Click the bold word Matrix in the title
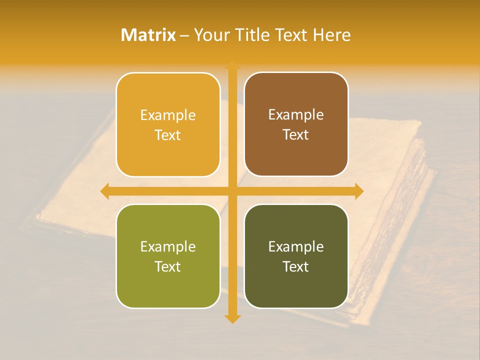click(x=148, y=35)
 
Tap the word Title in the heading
click(x=253, y=35)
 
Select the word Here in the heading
click(x=332, y=35)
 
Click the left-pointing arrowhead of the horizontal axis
click(x=105, y=191)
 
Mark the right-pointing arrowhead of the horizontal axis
click(x=358, y=191)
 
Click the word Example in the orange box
click(x=168, y=115)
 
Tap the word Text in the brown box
click(x=296, y=135)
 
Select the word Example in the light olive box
click(x=168, y=247)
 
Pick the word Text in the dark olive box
click(x=296, y=267)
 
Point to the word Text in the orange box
click(x=168, y=135)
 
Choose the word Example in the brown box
click(x=296, y=115)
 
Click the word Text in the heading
click(x=292, y=35)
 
